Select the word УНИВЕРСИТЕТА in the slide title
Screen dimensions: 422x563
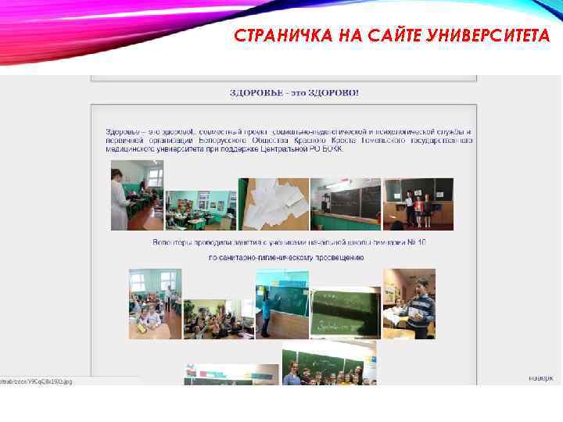click(x=486, y=36)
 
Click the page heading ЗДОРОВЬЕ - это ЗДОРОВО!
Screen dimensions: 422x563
click(x=294, y=93)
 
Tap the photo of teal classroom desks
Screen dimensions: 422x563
click(x=200, y=209)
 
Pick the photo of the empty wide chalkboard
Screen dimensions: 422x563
click(x=345, y=203)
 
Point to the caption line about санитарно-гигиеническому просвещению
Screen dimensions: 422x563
click(x=286, y=257)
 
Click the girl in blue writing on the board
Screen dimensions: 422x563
click(x=267, y=317)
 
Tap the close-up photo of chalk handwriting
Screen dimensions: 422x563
click(x=345, y=313)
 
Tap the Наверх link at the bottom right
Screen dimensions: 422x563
click(x=540, y=377)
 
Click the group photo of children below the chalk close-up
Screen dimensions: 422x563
click(x=328, y=363)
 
